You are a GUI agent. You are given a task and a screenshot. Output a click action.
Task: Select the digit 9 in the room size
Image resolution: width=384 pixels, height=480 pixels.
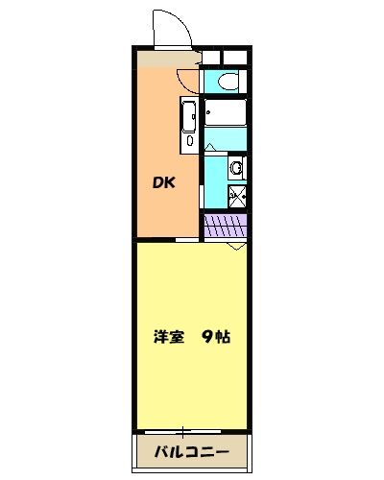(x=206, y=337)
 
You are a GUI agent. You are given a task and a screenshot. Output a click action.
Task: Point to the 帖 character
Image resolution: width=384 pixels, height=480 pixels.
(x=224, y=337)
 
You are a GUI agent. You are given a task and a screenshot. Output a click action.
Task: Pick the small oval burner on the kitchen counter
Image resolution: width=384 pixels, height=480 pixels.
(x=189, y=141)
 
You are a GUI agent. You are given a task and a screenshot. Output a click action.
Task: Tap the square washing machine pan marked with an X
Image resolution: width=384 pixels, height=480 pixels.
(x=236, y=199)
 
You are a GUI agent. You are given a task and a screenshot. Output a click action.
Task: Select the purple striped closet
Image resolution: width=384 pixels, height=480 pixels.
(x=227, y=227)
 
